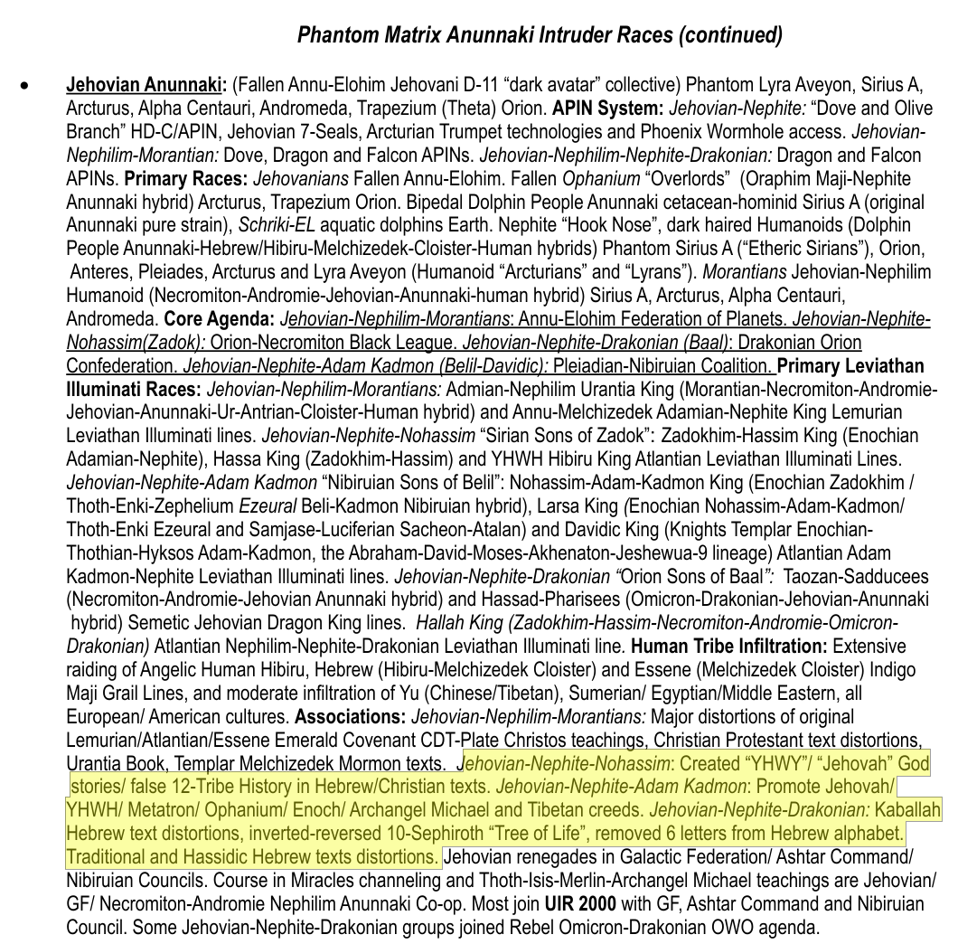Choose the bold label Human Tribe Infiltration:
coord(729,647)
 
